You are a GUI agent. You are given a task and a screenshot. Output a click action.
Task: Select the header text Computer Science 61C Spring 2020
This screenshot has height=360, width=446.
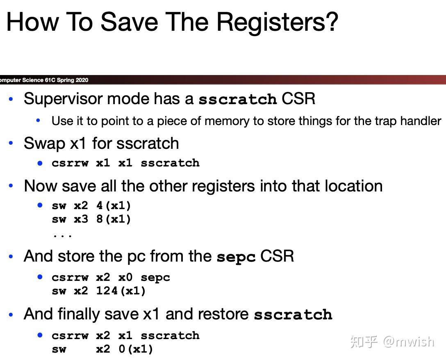point(43,80)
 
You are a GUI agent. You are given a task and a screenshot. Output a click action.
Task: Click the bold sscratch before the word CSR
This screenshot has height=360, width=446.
point(238,99)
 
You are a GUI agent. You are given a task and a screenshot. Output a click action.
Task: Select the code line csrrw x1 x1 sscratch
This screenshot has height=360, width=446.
point(125,163)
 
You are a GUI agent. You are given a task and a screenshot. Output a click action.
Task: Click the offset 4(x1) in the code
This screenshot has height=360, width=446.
point(114,205)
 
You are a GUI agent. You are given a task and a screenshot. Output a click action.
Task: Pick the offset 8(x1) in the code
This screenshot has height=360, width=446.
point(114,219)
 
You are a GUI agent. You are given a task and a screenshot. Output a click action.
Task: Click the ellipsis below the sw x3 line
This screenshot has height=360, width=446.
point(62,235)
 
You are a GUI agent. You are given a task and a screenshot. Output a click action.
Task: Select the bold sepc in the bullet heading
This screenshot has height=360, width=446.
point(236,257)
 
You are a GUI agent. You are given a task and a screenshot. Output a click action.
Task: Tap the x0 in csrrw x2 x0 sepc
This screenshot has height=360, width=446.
point(125,278)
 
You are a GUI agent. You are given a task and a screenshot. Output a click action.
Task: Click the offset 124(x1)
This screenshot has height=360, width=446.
point(121,291)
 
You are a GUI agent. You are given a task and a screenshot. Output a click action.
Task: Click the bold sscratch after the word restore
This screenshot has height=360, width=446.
point(293,315)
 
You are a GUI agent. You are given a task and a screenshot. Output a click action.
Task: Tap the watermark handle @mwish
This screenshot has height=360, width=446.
point(408,342)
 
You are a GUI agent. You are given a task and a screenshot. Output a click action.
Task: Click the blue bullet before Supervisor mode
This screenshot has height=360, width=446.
point(11,99)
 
